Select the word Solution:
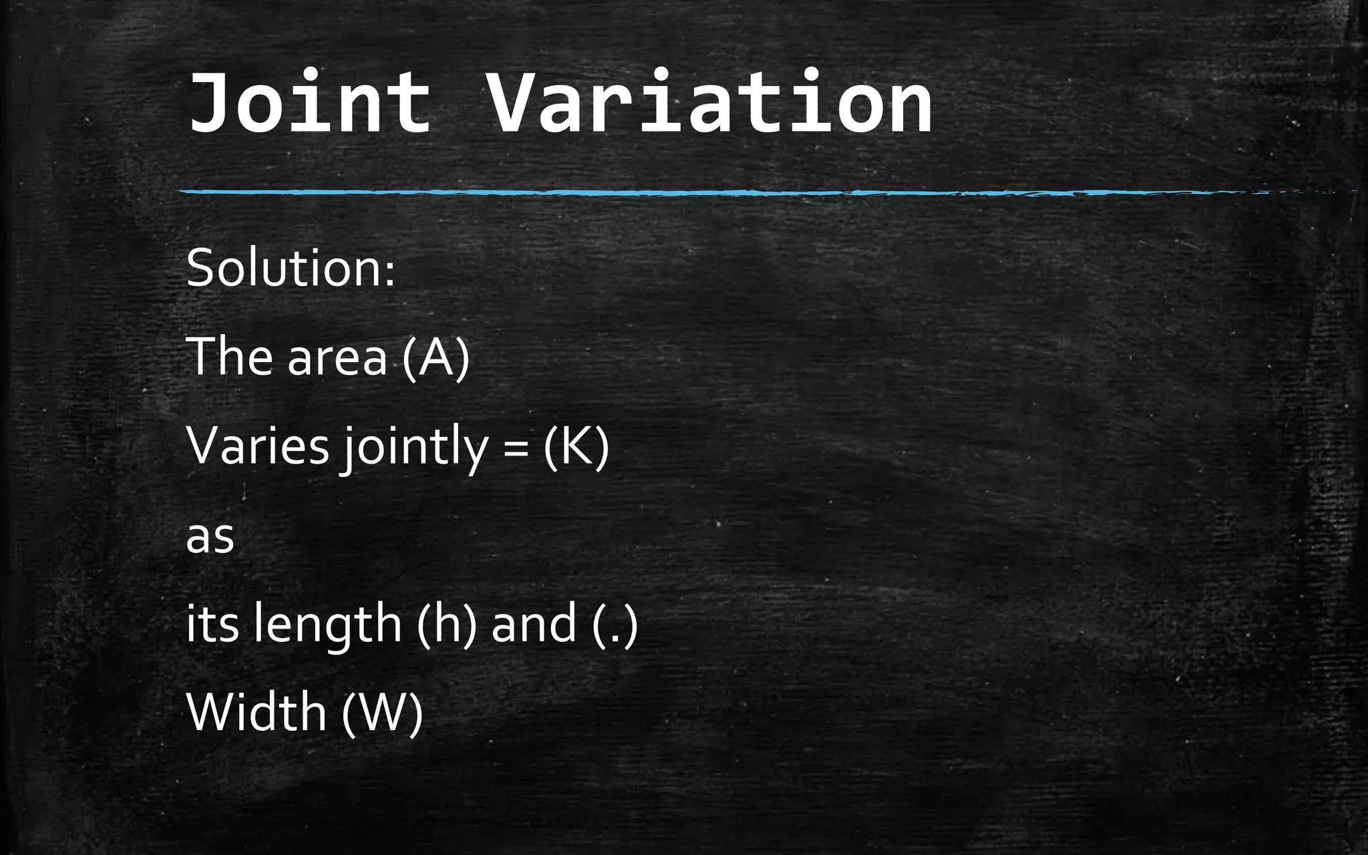(x=291, y=268)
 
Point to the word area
(x=337, y=358)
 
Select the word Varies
(x=258, y=446)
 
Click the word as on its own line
(x=210, y=537)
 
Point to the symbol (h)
(x=447, y=624)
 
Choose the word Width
(x=256, y=711)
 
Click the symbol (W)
(x=382, y=713)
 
